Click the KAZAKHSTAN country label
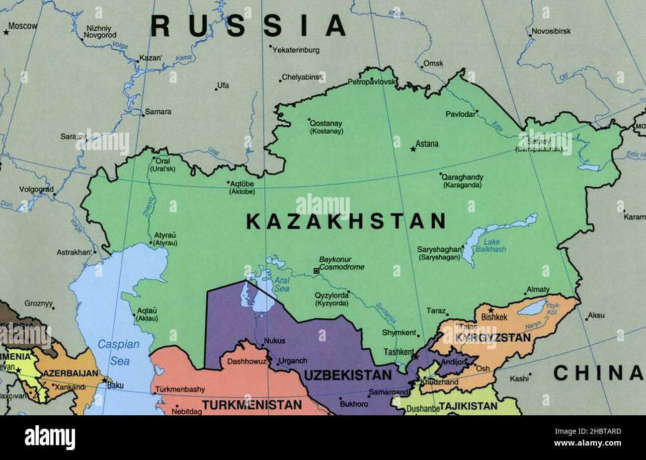345,222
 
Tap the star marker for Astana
412,149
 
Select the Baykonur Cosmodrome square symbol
316,270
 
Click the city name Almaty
538,289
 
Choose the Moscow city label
23,26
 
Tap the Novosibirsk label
551,31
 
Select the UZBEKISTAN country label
347,375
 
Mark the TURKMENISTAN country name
251,404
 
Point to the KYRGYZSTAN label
492,338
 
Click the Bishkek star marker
490,310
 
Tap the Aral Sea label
282,284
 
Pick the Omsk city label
433,64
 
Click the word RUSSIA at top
248,26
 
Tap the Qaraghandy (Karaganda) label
462,181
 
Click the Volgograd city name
36,189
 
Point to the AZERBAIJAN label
69,373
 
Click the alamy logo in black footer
50,438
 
